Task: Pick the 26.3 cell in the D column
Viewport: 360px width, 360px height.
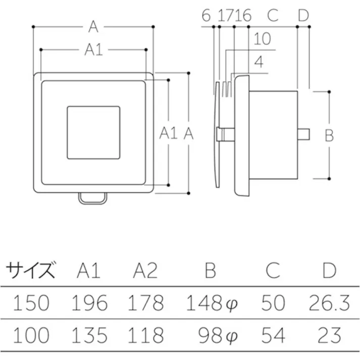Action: [x=329, y=303]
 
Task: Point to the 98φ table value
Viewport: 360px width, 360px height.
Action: [x=218, y=335]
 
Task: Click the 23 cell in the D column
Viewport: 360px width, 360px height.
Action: [x=329, y=335]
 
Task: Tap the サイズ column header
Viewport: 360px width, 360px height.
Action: [x=30, y=271]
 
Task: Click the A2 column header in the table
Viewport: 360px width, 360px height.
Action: [x=145, y=271]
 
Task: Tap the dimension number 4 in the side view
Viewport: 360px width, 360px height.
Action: [x=259, y=63]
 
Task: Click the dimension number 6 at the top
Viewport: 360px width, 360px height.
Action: [x=205, y=16]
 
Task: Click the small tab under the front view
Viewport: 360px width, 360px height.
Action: [x=93, y=198]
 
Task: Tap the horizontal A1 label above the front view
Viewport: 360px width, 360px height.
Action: [x=93, y=49]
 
